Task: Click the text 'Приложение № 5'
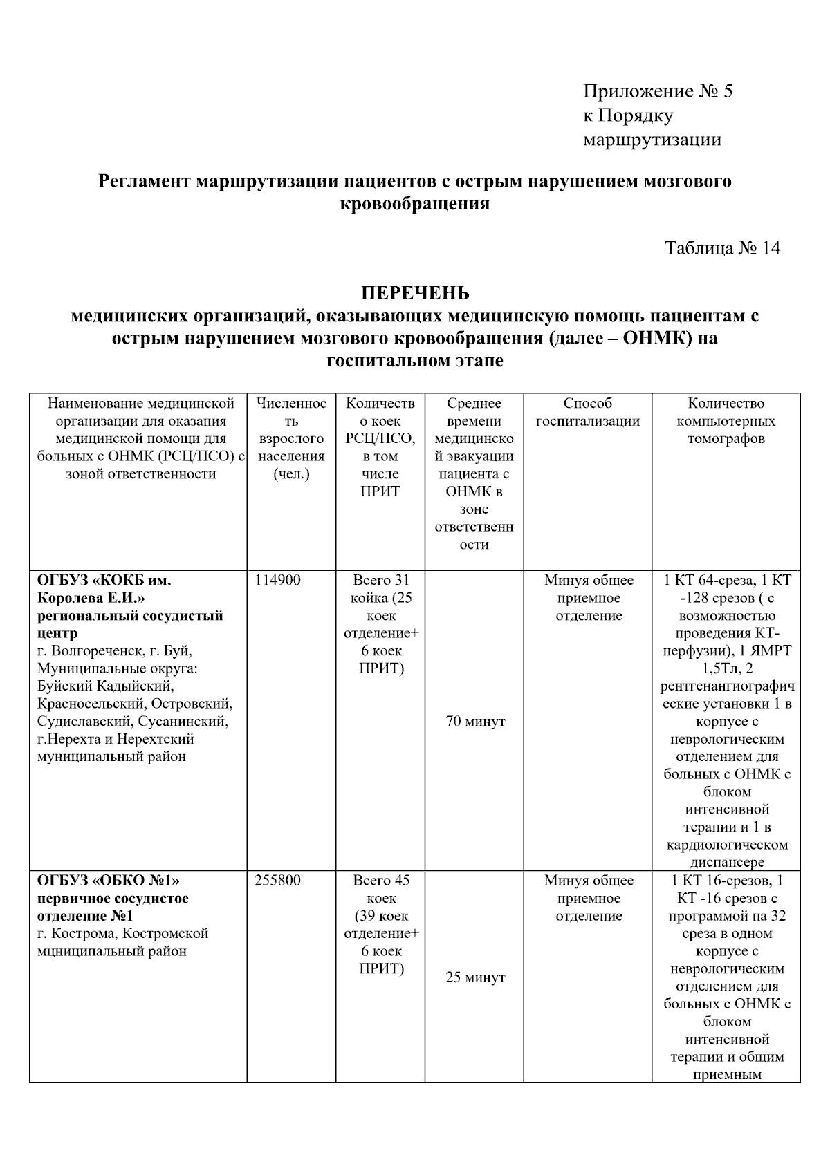tap(658, 91)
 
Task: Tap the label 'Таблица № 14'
tap(722, 249)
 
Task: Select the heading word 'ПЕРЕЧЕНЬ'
tap(415, 293)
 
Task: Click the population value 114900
tap(278, 581)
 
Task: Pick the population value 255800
tap(278, 881)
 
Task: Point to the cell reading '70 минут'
tap(475, 722)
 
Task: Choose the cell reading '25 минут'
tap(475, 978)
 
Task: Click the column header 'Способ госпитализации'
tap(588, 413)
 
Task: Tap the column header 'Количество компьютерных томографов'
tap(726, 421)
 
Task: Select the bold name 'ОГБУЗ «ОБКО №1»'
tap(108, 881)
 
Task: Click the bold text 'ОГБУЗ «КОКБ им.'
tap(104, 581)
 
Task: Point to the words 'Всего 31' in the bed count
tap(381, 581)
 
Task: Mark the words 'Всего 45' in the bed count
tap(381, 881)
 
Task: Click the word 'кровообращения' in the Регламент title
tap(415, 205)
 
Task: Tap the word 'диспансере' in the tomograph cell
tap(727, 863)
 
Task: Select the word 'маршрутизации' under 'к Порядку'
tap(652, 140)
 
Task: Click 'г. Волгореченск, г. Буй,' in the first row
tap(114, 651)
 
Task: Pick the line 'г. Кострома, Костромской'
tap(122, 934)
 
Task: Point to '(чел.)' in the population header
tap(291, 474)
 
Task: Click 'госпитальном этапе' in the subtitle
tap(415, 361)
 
